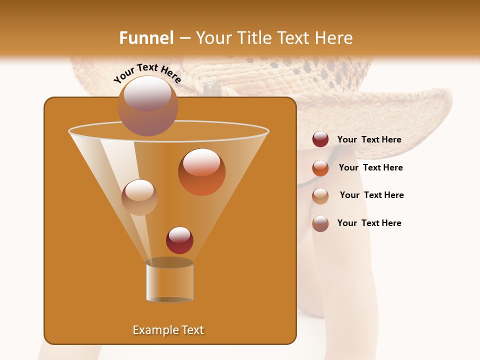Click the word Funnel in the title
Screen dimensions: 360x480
(146, 38)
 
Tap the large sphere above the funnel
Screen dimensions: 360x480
(147, 105)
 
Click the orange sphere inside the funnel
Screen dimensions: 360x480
(201, 172)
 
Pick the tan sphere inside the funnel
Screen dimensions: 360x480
(139, 197)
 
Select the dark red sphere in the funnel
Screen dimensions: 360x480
(179, 240)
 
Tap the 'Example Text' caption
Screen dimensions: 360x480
(168, 330)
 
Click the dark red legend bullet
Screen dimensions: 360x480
(320, 139)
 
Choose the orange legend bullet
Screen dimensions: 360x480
(320, 167)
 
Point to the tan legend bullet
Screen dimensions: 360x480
(320, 195)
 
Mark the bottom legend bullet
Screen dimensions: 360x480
(320, 223)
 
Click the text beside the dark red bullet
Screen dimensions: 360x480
(369, 140)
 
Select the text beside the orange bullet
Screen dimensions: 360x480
(370, 168)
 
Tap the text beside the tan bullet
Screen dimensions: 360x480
(371, 195)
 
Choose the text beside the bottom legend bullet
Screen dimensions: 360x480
(369, 223)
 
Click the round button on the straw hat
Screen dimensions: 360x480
(211, 88)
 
